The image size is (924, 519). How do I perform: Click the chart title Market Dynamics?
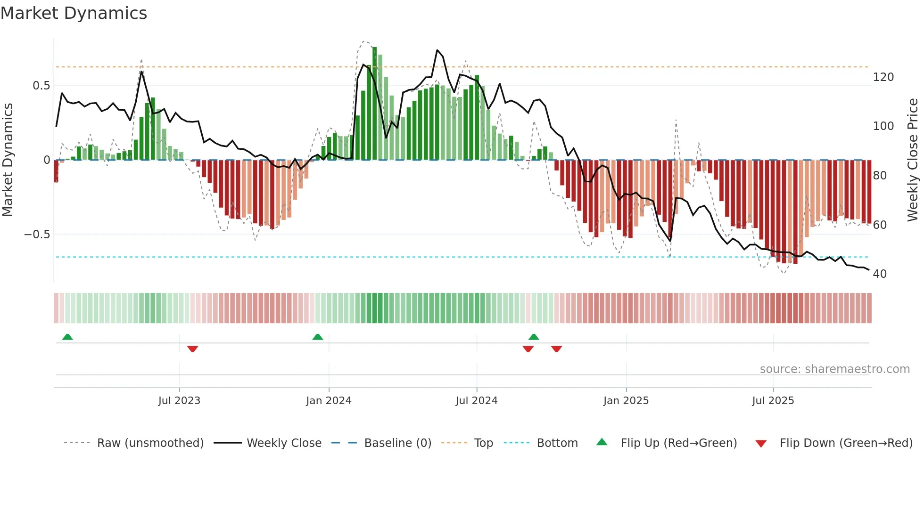click(74, 13)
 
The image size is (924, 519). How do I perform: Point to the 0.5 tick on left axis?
click(41, 86)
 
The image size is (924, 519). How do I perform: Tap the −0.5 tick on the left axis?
click(37, 235)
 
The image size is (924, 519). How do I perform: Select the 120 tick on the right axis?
click(883, 77)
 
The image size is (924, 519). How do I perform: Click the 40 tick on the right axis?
click(879, 274)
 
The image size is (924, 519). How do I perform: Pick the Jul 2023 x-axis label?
click(179, 401)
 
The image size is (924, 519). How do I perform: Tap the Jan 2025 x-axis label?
click(626, 401)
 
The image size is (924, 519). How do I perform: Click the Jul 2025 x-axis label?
click(773, 401)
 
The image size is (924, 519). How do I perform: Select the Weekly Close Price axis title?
click(913, 160)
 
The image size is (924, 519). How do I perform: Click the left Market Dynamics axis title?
click(8, 160)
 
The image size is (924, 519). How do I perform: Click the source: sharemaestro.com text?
click(834, 369)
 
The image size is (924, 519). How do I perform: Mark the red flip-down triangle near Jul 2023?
click(192, 349)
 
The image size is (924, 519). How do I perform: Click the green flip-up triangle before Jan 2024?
click(318, 337)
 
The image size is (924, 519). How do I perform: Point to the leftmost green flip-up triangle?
click(67, 337)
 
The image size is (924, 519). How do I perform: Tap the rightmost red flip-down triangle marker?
click(556, 349)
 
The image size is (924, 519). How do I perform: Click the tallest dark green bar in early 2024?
click(374, 104)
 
